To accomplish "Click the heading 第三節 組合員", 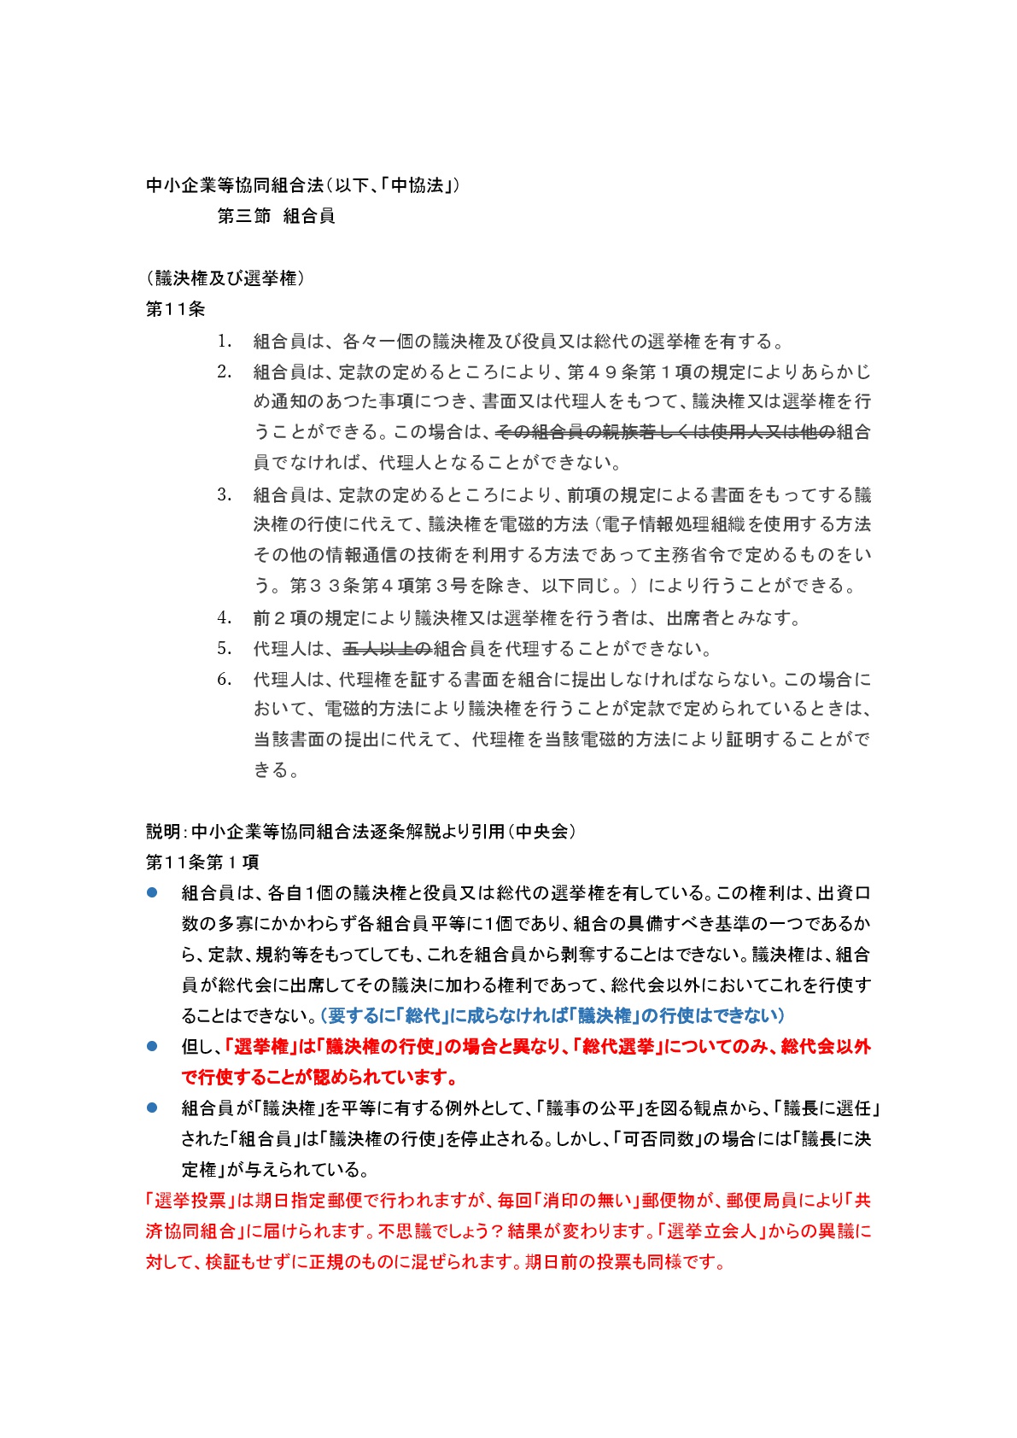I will point(276,216).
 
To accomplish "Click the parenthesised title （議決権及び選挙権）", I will point(226,278).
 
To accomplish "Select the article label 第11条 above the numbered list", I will point(176,309).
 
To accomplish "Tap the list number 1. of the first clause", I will point(224,342).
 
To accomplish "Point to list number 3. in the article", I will point(224,494).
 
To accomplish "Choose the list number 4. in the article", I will point(224,617).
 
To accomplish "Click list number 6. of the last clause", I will point(224,679).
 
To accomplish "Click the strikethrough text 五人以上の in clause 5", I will point(387,649).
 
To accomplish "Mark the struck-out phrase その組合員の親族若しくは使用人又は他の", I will point(664,432).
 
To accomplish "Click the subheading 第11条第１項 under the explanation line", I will point(202,862).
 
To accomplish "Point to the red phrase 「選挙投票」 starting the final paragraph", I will point(190,1200).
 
